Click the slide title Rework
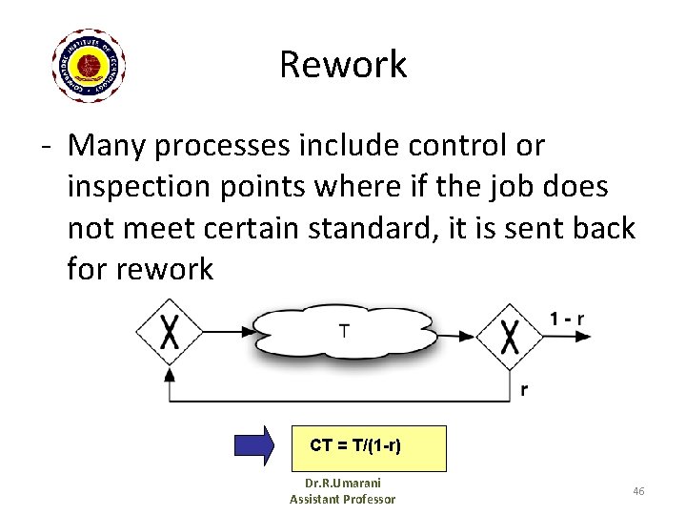point(343,64)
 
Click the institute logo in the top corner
point(89,65)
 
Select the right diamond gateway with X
point(510,335)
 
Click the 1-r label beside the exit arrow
point(568,318)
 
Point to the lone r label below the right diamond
point(525,389)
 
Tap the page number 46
point(638,490)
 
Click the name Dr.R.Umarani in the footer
point(341,484)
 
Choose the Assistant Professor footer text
point(342,500)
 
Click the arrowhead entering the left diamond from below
point(170,375)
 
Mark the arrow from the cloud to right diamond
point(455,335)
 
